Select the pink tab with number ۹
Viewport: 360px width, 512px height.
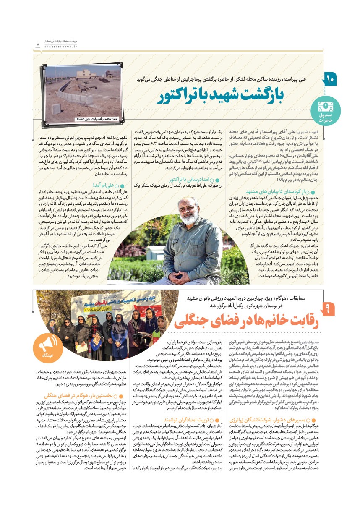click(x=329, y=311)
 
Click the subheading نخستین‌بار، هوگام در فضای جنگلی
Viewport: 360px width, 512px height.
click(x=91, y=395)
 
